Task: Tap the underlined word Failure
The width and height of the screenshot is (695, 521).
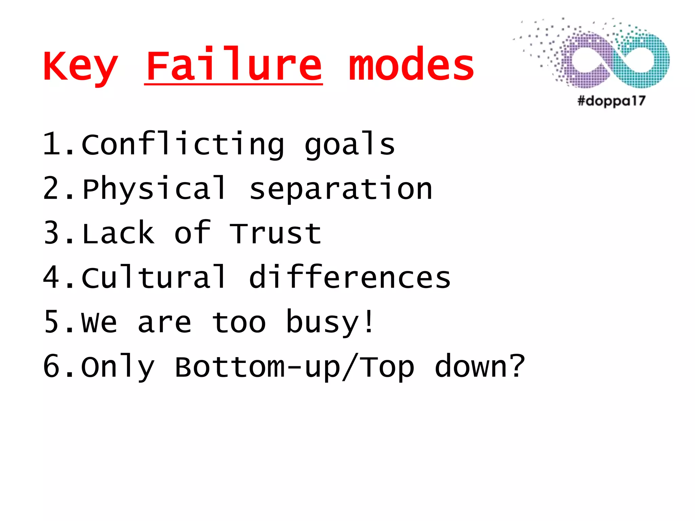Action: tap(233, 65)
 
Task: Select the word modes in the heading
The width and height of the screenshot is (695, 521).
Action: tap(411, 65)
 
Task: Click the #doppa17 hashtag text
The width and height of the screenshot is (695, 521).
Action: tap(611, 101)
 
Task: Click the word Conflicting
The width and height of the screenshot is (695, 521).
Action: tap(183, 144)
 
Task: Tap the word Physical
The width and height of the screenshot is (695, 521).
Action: tap(154, 189)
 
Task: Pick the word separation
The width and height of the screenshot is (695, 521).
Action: tap(341, 189)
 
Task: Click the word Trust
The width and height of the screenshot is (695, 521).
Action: tap(275, 233)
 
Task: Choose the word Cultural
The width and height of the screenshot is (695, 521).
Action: tap(154, 277)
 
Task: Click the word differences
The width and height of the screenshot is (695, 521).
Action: tap(350, 277)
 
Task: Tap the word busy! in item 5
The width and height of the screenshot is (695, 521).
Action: tap(330, 322)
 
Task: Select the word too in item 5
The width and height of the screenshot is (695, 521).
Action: tap(239, 322)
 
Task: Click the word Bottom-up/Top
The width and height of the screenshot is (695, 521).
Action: tap(294, 367)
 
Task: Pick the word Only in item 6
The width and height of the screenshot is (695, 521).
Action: tap(118, 367)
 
